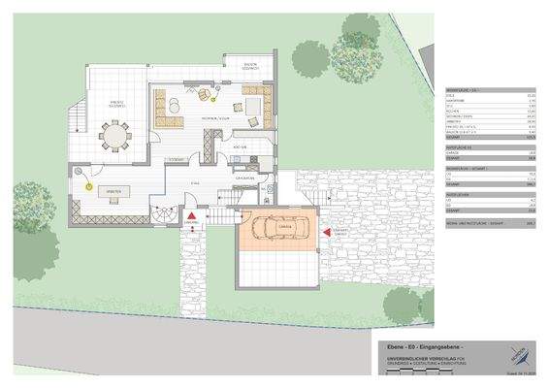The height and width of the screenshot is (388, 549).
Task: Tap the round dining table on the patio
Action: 115,135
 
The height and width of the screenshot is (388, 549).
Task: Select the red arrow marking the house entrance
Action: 192,217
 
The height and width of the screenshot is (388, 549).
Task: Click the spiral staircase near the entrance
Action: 162,213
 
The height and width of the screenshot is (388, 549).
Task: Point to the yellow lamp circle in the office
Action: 87,183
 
